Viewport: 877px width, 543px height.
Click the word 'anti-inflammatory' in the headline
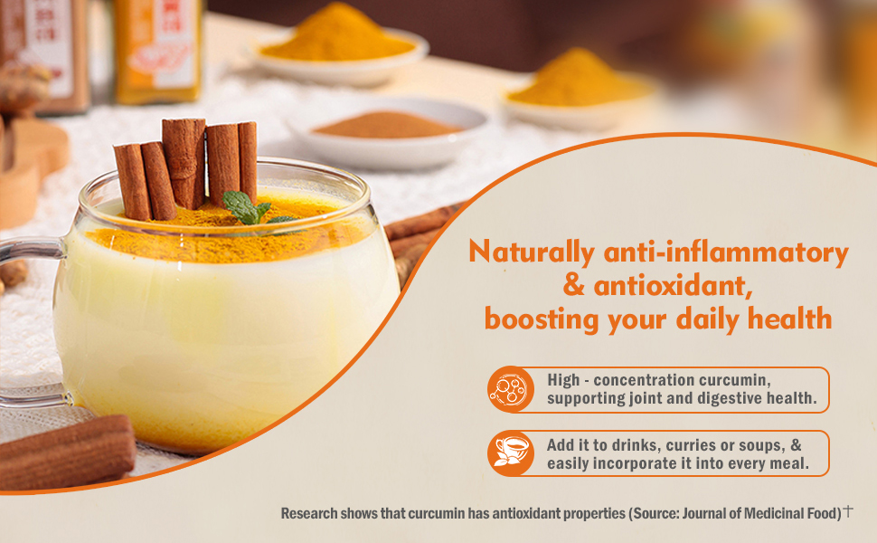pyautogui.click(x=726, y=252)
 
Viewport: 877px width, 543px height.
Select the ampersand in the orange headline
pyautogui.click(x=574, y=285)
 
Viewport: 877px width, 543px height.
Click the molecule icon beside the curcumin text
pyautogui.click(x=510, y=389)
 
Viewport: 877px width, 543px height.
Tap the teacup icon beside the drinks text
pyautogui.click(x=510, y=452)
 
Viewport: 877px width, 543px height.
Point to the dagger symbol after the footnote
pyautogui.click(x=848, y=510)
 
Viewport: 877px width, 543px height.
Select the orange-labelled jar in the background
pyautogui.click(x=157, y=52)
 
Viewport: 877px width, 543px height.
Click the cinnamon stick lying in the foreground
pyautogui.click(x=67, y=452)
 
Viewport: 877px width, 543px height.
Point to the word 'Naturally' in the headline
pyautogui.click(x=532, y=252)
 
